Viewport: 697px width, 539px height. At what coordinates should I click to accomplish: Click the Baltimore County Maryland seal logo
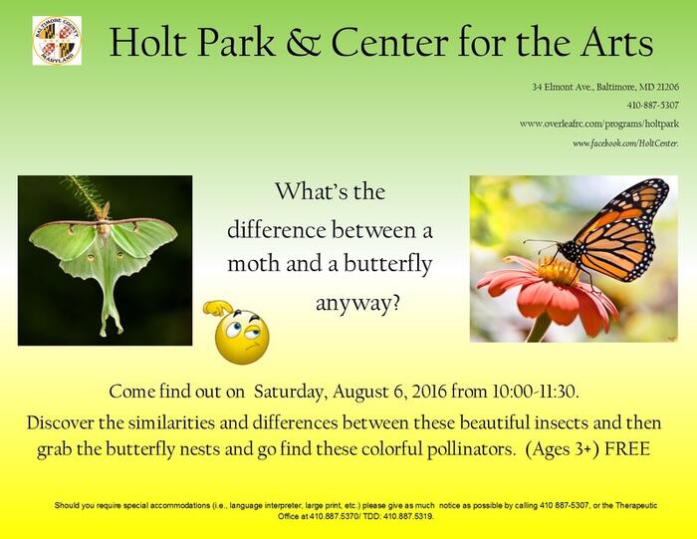[57, 41]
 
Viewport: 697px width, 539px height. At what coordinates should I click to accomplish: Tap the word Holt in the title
[147, 43]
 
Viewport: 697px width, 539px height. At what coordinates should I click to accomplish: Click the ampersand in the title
[303, 43]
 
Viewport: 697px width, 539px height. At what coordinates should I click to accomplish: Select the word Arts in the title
[616, 43]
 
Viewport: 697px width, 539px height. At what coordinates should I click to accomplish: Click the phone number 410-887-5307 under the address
[653, 106]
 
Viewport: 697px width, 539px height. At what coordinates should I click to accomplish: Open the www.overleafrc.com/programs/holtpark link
[599, 125]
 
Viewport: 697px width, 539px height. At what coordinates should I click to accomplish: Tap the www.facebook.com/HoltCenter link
[625, 143]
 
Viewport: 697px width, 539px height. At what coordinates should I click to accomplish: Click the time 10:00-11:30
[536, 392]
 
